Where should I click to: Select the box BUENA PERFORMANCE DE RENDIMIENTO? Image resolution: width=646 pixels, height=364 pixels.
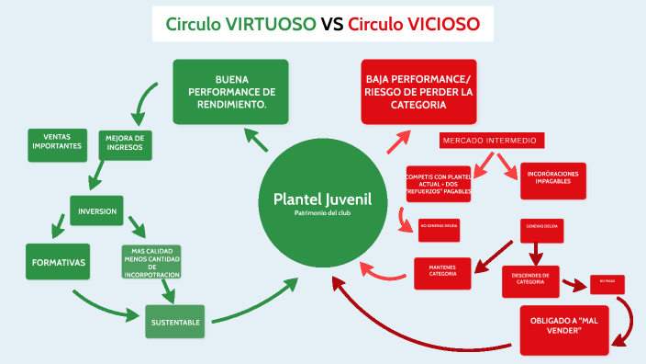[230, 92]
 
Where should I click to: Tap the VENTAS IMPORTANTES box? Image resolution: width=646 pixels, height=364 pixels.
[57, 143]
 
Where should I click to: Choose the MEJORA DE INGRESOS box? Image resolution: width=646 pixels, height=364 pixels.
[125, 144]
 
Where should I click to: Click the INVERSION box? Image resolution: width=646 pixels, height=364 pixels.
[97, 210]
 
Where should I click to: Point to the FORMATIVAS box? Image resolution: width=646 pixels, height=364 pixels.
[59, 262]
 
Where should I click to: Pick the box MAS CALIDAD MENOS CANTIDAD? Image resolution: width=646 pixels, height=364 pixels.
[152, 260]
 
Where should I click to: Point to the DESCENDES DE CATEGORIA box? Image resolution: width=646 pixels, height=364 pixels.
[530, 280]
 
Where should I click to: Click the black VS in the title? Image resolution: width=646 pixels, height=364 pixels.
[332, 24]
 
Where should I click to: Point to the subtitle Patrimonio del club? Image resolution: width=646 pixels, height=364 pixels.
[321, 212]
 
